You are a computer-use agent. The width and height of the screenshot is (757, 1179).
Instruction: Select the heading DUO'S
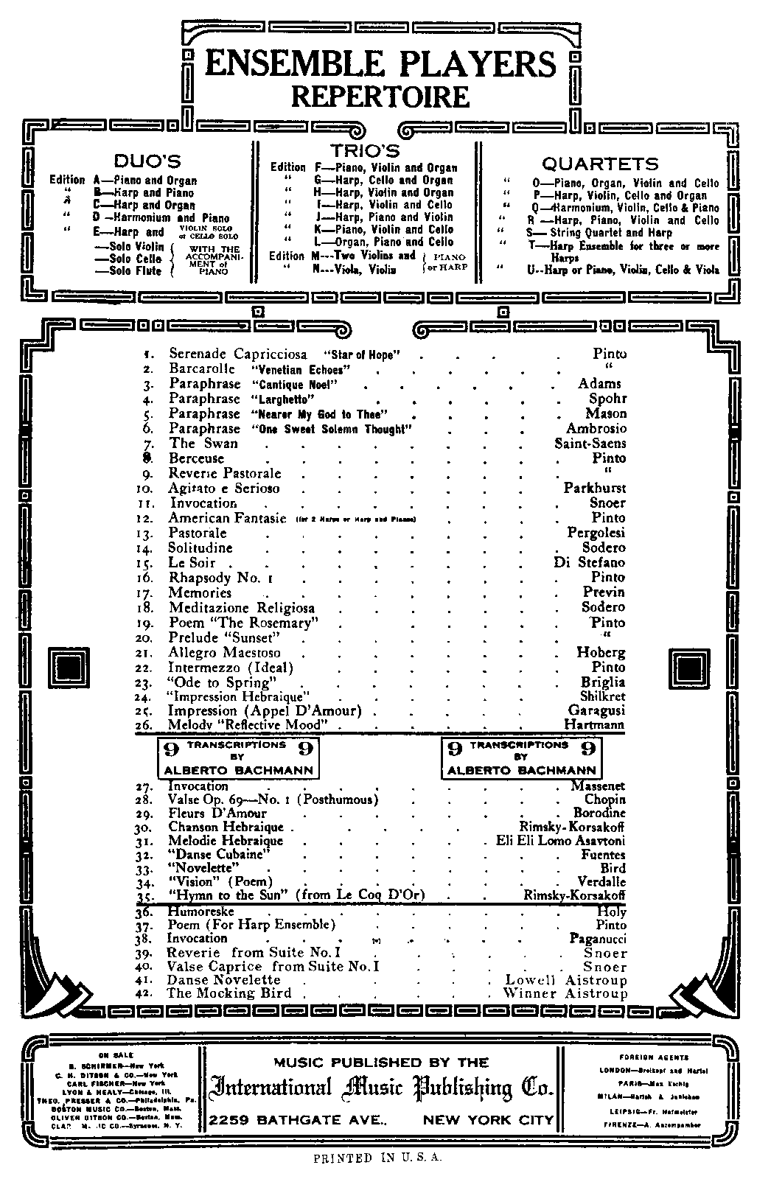click(147, 161)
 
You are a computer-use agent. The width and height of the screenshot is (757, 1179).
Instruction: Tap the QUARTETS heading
click(600, 164)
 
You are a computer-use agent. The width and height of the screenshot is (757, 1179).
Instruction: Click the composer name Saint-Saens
click(590, 443)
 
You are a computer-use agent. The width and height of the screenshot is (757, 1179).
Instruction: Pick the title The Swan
click(203, 443)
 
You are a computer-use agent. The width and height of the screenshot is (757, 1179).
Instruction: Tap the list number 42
click(147, 993)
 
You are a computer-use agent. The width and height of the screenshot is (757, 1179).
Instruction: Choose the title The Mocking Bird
click(229, 993)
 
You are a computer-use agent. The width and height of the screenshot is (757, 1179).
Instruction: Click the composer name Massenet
click(597, 786)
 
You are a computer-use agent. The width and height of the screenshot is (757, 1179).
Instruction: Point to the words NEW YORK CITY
click(487, 1120)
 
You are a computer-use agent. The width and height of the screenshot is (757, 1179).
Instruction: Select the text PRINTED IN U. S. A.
click(377, 1158)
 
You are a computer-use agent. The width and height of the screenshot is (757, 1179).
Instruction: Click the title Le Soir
click(192, 562)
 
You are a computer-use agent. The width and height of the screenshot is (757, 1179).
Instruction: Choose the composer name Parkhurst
click(594, 488)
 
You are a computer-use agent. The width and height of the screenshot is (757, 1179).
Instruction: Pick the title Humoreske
click(200, 912)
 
